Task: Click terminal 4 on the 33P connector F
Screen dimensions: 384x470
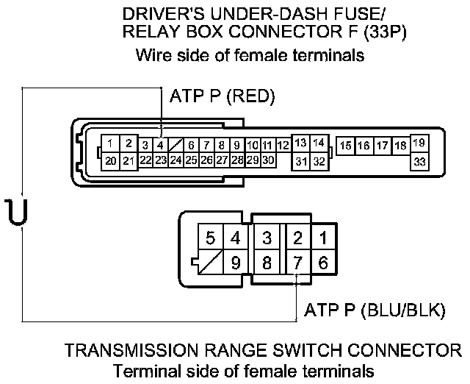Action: (160, 145)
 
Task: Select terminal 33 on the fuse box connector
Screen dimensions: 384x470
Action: (419, 160)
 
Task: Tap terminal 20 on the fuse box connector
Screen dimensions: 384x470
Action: (110, 160)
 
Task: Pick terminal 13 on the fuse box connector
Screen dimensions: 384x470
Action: (301, 143)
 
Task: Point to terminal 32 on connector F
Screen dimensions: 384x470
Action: (318, 160)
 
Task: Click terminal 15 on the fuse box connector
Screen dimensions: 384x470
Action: (345, 146)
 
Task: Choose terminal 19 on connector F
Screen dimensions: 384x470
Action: (419, 143)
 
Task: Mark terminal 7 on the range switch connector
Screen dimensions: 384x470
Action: (297, 262)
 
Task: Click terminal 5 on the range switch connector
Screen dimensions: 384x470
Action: (211, 238)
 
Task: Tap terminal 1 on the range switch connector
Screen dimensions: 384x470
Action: (324, 238)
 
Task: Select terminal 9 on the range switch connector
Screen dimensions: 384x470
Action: (236, 262)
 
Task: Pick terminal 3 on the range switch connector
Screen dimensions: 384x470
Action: (267, 238)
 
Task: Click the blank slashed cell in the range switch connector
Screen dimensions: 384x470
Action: (211, 262)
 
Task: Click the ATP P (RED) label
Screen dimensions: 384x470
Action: (222, 96)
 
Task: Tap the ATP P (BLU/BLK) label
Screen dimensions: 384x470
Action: (370, 310)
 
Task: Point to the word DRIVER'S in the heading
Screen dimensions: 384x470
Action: (159, 14)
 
